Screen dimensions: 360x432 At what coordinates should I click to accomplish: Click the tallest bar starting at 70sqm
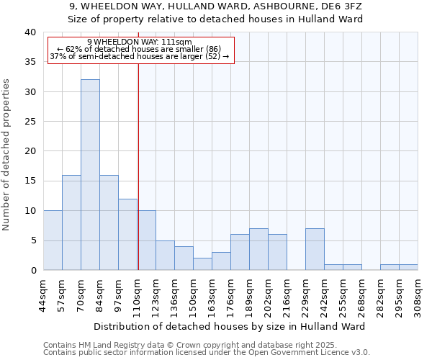90,175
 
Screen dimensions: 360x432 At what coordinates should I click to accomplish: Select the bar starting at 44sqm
53,240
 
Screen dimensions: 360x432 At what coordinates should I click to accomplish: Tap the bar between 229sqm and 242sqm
315,249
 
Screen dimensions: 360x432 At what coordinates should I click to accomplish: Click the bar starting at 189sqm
258,249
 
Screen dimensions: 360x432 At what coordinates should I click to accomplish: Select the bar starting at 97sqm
127,235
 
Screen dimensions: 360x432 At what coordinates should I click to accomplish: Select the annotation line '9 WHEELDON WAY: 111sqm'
139,42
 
